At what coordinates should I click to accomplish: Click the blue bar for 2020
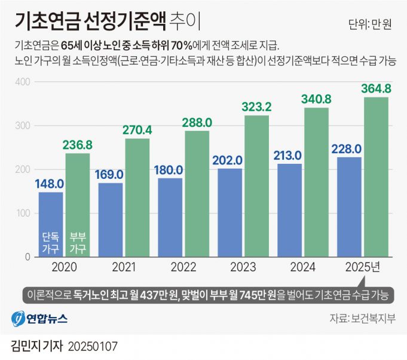coord(51,224)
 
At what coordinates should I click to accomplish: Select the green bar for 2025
coord(376,177)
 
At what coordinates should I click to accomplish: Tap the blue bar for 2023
coord(230,212)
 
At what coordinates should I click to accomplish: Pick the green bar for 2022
coord(197,194)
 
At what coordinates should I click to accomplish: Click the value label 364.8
coord(376,89)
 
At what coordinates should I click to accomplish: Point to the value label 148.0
coord(51,184)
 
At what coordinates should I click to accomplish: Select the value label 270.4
coord(137,130)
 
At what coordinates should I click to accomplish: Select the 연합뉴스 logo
coord(39,318)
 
